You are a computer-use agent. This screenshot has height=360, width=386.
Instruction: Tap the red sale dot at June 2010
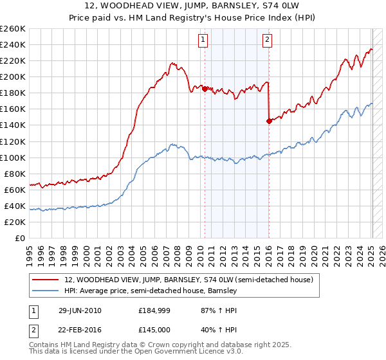(x=205, y=89)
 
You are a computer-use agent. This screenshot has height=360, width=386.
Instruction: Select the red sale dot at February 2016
(x=268, y=121)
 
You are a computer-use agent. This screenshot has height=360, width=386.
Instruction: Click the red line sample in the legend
(x=46, y=280)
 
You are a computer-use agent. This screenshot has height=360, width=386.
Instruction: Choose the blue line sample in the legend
(x=46, y=291)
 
